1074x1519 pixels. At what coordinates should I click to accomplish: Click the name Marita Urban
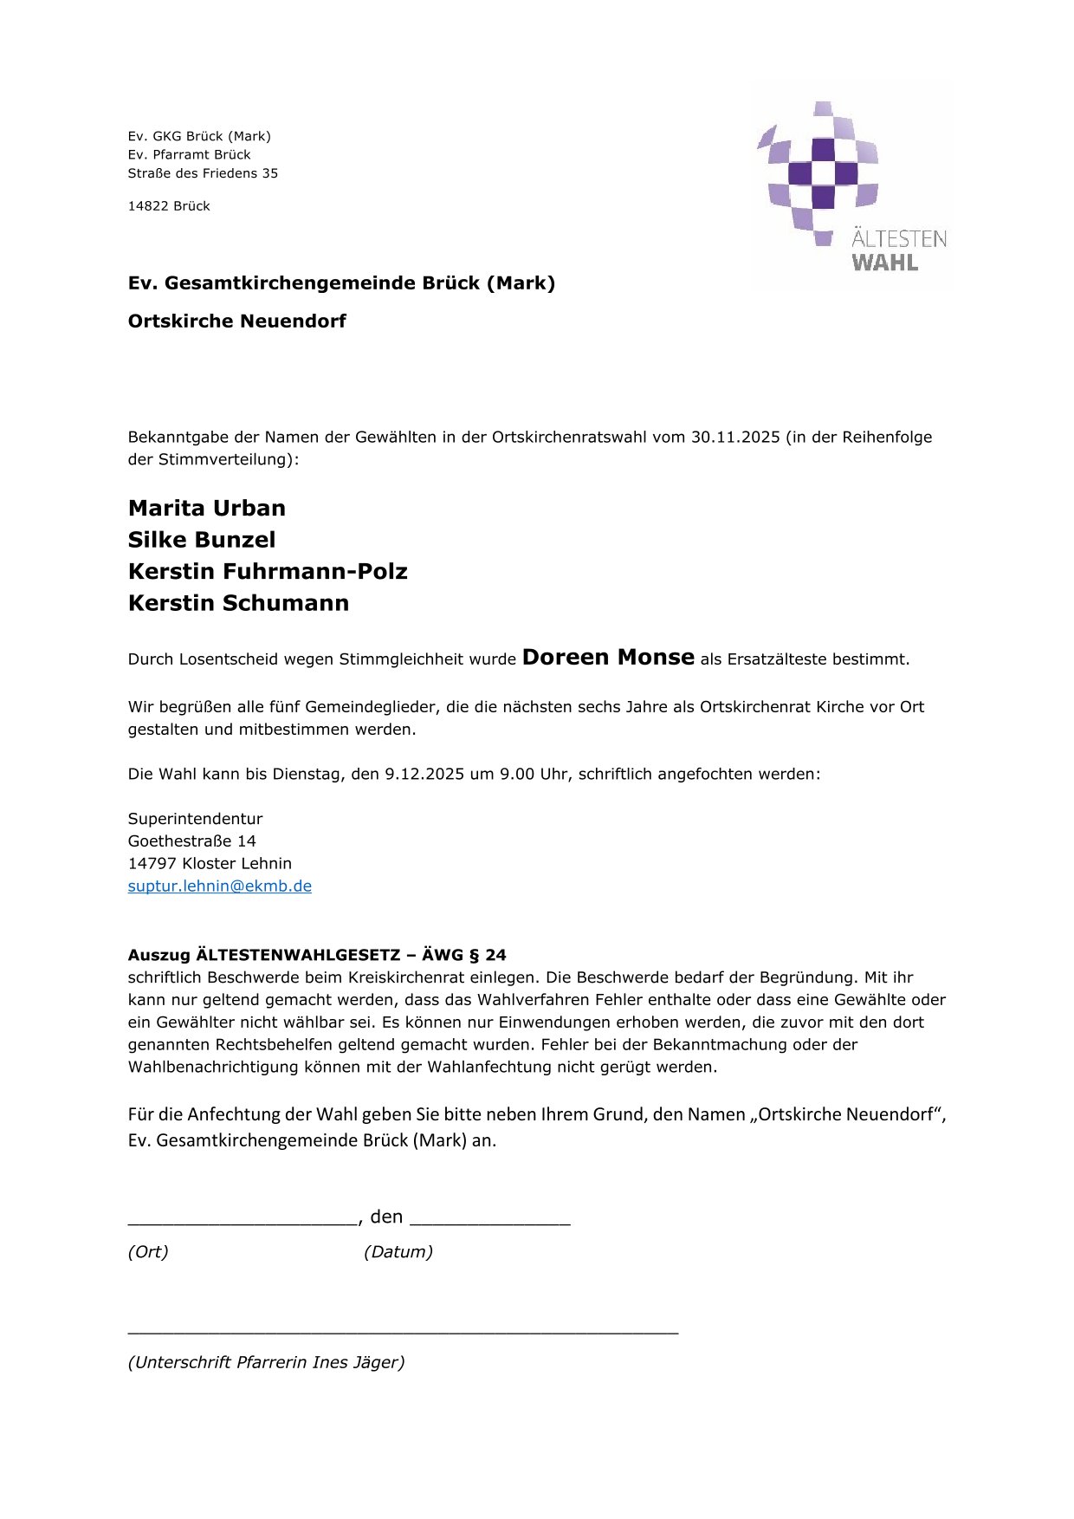tap(206, 508)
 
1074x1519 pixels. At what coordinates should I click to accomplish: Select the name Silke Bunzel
tap(202, 540)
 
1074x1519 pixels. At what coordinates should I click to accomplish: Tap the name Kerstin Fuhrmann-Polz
tap(268, 571)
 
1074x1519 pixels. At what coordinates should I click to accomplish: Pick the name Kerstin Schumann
tap(238, 603)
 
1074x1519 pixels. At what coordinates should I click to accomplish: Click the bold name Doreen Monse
tap(608, 658)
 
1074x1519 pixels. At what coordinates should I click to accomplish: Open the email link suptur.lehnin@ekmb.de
tap(219, 886)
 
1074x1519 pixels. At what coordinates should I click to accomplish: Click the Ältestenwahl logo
tap(852, 185)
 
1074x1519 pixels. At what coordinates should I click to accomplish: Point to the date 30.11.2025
tap(735, 437)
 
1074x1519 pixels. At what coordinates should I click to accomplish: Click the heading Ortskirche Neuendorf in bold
tap(236, 321)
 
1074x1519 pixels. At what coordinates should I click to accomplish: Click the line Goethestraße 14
tap(191, 841)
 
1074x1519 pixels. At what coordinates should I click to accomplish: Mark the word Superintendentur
tap(195, 819)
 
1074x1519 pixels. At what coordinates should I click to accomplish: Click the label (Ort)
tap(148, 1251)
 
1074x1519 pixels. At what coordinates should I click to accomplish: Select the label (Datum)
tap(398, 1251)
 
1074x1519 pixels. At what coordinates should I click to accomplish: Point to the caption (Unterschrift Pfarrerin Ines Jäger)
tap(266, 1362)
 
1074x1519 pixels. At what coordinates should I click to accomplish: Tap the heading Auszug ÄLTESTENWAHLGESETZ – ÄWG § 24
tap(317, 955)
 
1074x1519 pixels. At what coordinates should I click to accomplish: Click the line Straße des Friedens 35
tap(203, 173)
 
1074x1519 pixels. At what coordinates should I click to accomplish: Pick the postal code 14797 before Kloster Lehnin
tap(152, 863)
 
